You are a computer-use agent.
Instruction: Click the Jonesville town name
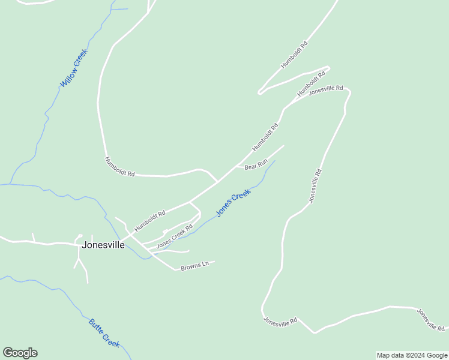(x=103, y=245)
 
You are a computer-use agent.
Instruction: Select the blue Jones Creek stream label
(x=233, y=203)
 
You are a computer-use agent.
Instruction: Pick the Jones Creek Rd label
(x=174, y=237)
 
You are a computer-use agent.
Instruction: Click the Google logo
(x=20, y=353)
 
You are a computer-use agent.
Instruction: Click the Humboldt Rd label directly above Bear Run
(x=265, y=137)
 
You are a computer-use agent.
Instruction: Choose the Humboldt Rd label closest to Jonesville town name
(x=150, y=221)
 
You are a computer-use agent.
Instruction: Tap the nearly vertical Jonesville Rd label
(x=315, y=186)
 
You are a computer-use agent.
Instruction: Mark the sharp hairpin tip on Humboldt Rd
(x=259, y=92)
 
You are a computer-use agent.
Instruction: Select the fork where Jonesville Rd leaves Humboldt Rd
(x=285, y=108)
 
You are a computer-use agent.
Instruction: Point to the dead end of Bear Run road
(x=283, y=145)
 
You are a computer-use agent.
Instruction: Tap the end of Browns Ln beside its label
(x=214, y=261)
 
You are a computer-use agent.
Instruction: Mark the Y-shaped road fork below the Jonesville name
(x=79, y=259)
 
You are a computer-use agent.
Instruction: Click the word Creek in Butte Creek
(x=111, y=341)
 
